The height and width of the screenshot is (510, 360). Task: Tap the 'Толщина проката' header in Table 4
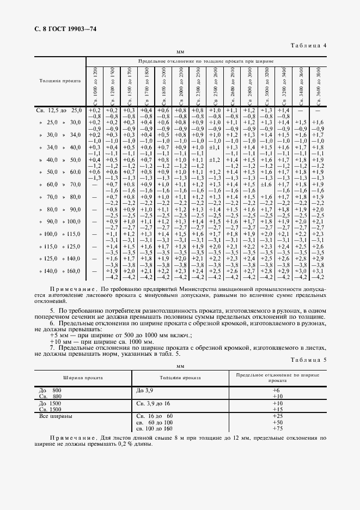60,81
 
